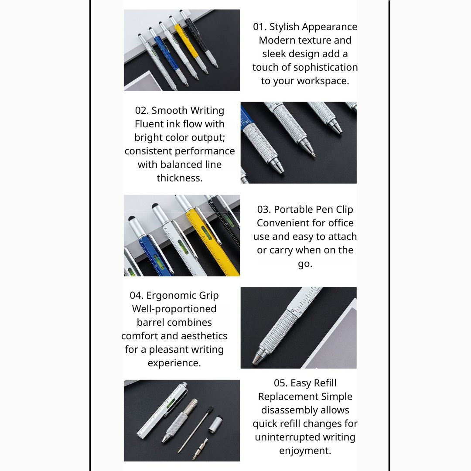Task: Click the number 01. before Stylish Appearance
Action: [260, 27]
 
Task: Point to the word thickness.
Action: [180, 178]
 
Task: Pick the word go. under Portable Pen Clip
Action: [305, 264]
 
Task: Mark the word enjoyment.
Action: [305, 451]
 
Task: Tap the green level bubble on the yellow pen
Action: [206, 233]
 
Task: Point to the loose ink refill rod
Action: [195, 430]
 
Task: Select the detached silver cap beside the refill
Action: [216, 424]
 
